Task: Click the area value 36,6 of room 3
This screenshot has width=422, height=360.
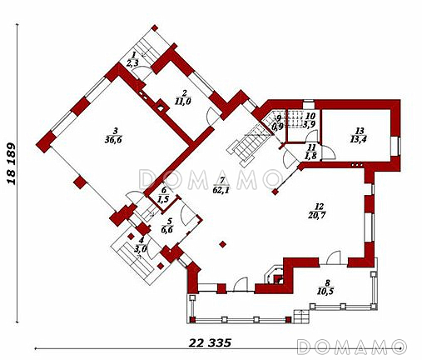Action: (113, 140)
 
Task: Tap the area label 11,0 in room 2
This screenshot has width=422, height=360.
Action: (183, 102)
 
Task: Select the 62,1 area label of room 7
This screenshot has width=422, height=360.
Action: (221, 191)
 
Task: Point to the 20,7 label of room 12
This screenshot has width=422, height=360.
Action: (316, 215)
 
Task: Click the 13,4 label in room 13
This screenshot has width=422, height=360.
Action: (358, 139)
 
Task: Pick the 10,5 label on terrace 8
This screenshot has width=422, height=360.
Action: (325, 292)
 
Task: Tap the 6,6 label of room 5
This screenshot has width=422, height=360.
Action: (167, 229)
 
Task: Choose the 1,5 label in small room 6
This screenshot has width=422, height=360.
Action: (164, 199)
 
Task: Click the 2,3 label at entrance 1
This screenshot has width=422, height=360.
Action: (132, 63)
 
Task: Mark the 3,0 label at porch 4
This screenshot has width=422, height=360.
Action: (141, 248)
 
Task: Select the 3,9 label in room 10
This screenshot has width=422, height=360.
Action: (308, 124)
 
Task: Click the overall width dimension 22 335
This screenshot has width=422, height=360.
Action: (210, 343)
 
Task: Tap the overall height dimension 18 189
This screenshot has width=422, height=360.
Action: (12, 164)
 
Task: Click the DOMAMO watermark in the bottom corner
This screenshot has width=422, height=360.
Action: (352, 347)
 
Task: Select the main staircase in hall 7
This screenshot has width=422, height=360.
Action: (247, 145)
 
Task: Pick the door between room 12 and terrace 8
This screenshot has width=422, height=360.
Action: (333, 257)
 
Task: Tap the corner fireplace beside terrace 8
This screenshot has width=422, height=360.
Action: (274, 276)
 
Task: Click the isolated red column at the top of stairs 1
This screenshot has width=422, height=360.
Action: (155, 28)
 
